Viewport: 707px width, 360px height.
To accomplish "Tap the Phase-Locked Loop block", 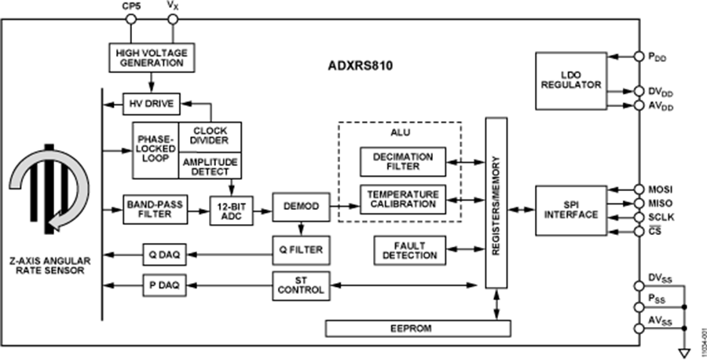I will click(155, 149).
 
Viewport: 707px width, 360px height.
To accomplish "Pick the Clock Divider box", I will click(210, 136).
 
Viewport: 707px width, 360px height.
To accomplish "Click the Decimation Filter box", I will click(402, 162).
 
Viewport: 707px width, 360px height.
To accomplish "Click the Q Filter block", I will click(299, 251).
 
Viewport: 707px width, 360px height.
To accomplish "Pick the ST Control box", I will click(299, 285).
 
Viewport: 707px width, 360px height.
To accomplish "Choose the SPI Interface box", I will click(571, 210).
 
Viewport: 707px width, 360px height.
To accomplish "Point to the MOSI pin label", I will click(660, 189).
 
